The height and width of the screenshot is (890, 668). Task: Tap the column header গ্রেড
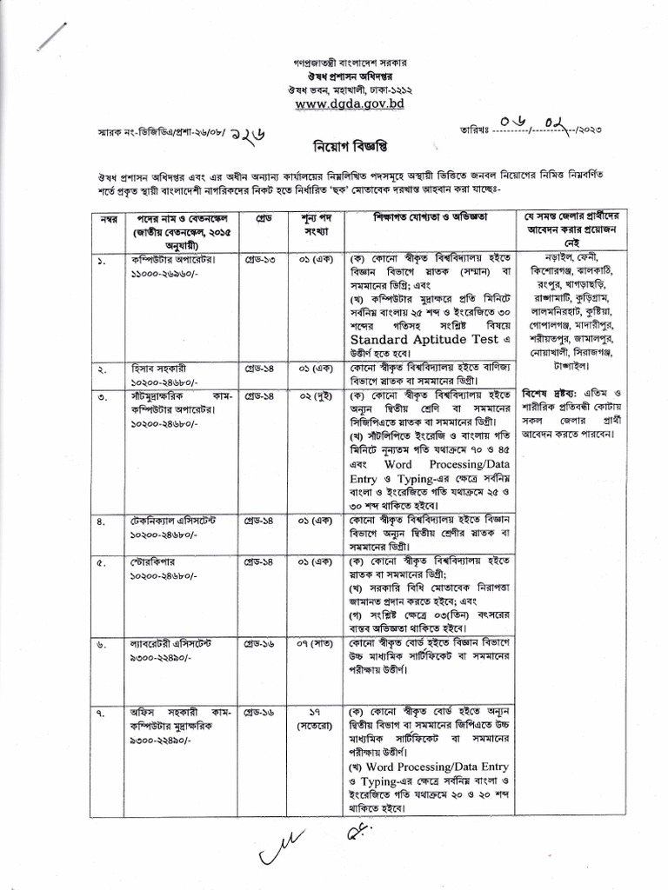pyautogui.click(x=264, y=215)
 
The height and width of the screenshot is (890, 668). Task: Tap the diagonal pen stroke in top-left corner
pyautogui.click(x=54, y=37)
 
